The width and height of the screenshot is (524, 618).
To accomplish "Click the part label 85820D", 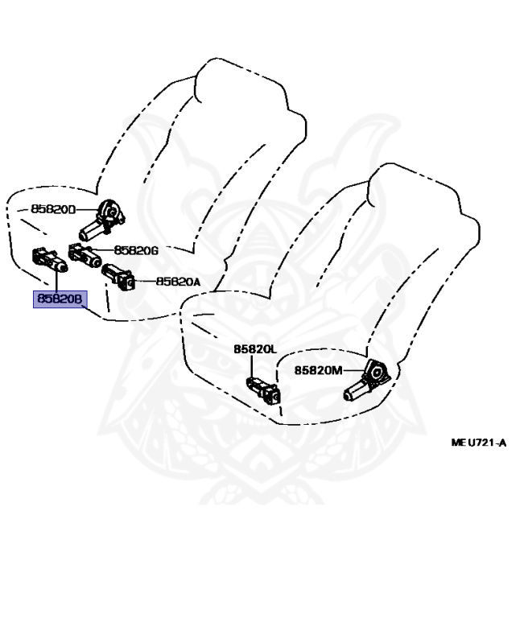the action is click(x=53, y=209).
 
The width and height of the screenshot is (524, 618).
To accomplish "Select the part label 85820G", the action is click(x=136, y=249).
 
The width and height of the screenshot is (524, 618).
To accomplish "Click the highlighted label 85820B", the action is click(x=59, y=299).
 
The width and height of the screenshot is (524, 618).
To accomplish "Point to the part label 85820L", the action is click(x=255, y=349).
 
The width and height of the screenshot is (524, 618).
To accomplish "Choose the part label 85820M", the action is click(x=318, y=370).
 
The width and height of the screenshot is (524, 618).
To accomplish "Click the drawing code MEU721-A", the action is click(x=478, y=442).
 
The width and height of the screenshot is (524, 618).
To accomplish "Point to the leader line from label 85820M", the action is click(x=354, y=370).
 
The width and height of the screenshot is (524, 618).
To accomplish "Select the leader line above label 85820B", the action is click(x=58, y=278).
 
